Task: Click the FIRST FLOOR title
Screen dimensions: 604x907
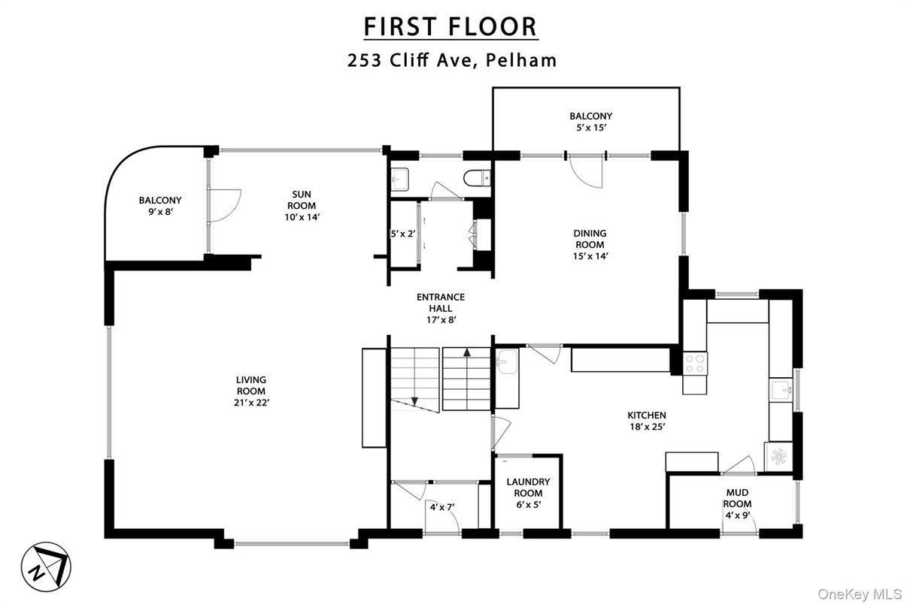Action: (450, 26)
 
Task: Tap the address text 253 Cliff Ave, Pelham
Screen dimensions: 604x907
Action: (452, 61)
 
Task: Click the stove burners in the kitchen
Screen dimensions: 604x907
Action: (694, 364)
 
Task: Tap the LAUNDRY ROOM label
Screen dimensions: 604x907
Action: (527, 488)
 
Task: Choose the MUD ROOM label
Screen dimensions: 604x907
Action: (738, 498)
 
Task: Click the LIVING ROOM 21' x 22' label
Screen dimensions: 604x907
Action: (250, 391)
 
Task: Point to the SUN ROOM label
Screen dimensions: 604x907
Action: (299, 200)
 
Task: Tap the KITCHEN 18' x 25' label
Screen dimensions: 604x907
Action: (647, 421)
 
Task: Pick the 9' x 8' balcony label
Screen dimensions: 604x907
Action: (159, 207)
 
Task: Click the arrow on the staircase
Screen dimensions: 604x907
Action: (467, 352)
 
